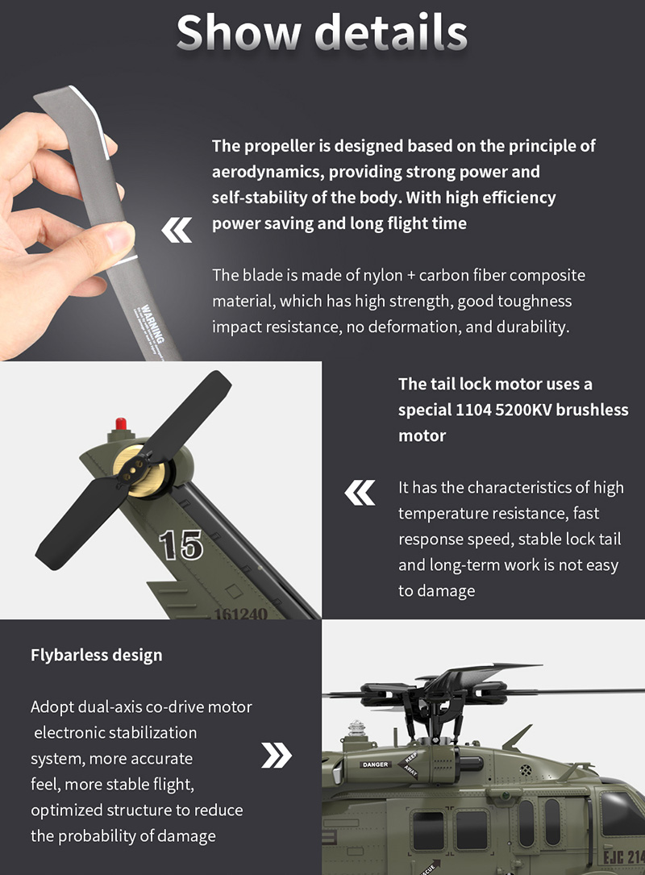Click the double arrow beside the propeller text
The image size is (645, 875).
[177, 231]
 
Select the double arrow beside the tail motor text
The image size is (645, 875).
[360, 493]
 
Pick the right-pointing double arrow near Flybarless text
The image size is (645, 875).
[277, 756]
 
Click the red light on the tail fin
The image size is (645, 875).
[122, 423]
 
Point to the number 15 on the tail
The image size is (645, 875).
[180, 544]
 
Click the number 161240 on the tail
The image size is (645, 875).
[240, 614]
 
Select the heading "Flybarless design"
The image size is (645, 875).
[96, 655]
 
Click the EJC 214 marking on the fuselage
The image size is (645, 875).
[623, 856]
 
